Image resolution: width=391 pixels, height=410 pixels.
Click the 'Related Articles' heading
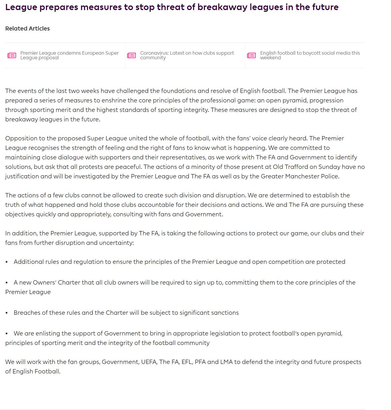pos(27,28)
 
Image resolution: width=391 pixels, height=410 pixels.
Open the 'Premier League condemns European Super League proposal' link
pos(69,55)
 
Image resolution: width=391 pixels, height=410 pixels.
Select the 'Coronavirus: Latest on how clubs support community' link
pos(187,55)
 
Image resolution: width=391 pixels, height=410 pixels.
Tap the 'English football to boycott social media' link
pos(310,55)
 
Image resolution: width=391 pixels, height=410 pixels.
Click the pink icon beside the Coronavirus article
pos(131,55)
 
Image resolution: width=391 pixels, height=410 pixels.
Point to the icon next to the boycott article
pos(251,55)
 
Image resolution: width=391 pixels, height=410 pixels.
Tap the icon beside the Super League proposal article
pos(12,55)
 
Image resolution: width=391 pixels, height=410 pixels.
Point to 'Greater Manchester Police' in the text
pos(299,176)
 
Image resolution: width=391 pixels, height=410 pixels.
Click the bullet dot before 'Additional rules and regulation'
pos(7,262)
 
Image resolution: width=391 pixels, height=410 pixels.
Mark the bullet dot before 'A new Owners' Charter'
pos(7,283)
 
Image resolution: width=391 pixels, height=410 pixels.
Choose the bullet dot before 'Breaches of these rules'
pos(7,313)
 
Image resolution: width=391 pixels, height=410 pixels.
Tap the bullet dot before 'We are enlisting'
pos(7,334)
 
